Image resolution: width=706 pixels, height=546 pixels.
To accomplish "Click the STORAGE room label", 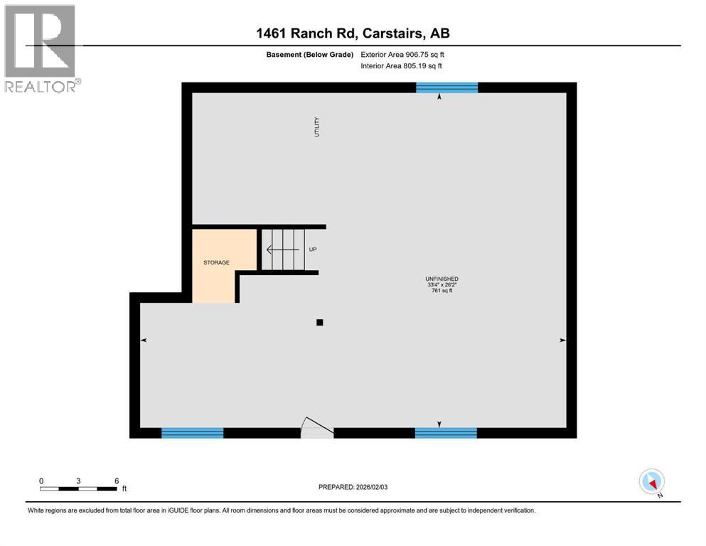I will (x=217, y=263).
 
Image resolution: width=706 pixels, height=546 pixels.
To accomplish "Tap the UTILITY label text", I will (x=317, y=127).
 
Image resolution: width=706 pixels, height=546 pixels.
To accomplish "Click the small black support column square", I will (x=320, y=322).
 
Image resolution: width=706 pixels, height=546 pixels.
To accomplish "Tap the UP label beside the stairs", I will (x=312, y=250).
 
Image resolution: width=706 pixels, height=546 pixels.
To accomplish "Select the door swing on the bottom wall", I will (x=315, y=427).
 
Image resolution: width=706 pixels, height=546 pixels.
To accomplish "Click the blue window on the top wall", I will (x=446, y=87).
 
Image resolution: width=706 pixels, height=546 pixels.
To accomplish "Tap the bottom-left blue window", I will (x=193, y=432).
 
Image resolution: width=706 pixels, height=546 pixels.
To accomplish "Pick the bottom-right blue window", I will (x=446, y=432).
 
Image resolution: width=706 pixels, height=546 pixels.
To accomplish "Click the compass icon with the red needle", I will (x=652, y=481).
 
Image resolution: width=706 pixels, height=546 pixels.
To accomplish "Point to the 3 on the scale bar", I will (x=78, y=481).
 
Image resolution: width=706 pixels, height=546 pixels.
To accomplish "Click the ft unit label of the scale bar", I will (x=124, y=489).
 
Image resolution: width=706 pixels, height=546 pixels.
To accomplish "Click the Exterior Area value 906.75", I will (x=419, y=55).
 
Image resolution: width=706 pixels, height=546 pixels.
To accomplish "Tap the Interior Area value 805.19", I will (x=416, y=66).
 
